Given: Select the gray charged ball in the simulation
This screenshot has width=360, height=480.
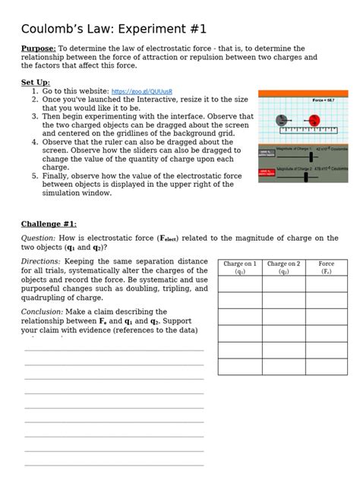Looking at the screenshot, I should (x=282, y=120).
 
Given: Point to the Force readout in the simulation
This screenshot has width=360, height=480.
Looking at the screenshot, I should (x=324, y=100).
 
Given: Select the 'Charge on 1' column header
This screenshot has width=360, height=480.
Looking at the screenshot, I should (x=240, y=267).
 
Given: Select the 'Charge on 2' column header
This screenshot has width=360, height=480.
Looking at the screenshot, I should (x=283, y=267).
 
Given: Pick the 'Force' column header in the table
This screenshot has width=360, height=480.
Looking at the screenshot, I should (x=326, y=267).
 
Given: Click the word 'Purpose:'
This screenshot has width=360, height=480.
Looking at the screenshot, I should (x=38, y=49).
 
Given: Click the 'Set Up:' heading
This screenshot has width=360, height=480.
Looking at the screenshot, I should (x=36, y=82).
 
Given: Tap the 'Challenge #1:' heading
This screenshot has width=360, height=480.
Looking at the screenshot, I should (x=49, y=224).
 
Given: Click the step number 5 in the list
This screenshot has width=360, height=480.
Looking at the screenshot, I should (x=34, y=175).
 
